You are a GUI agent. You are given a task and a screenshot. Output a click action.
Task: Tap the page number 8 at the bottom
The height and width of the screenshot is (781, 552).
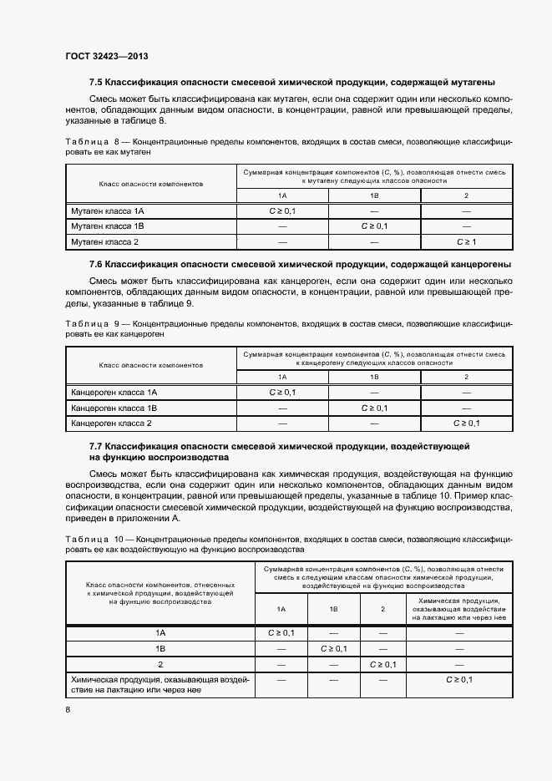click(68, 709)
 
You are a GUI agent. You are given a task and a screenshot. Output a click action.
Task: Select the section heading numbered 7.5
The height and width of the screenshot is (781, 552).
click(292, 83)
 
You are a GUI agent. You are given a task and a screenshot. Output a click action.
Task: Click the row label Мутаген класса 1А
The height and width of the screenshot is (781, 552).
click(108, 210)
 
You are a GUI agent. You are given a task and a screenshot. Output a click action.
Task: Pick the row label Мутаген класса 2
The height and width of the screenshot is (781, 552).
click(104, 242)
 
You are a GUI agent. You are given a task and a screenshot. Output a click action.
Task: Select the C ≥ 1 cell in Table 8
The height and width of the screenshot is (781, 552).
click(466, 242)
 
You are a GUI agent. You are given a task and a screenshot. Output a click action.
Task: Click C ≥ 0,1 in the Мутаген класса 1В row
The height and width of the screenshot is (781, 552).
click(374, 226)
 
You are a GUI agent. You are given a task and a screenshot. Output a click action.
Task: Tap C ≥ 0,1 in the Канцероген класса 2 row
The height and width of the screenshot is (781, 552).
click(466, 423)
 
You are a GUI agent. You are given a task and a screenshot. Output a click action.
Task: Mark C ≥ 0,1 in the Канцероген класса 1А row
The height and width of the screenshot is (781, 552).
click(282, 392)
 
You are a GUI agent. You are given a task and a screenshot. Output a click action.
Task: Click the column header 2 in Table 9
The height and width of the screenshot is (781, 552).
click(466, 377)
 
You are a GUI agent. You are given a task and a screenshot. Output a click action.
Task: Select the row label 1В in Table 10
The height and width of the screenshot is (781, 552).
click(160, 648)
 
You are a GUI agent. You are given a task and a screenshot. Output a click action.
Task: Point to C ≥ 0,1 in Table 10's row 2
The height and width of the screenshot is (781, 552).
click(382, 664)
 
